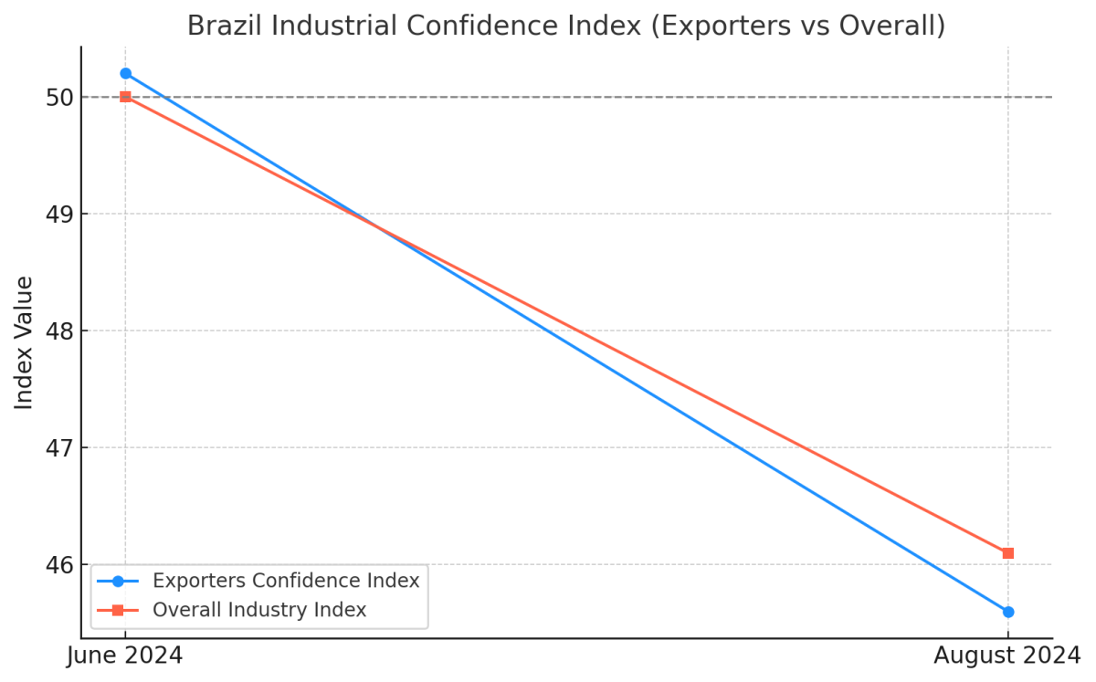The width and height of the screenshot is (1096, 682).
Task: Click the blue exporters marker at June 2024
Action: [x=125, y=73]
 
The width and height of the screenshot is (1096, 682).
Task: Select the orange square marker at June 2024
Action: [x=125, y=97]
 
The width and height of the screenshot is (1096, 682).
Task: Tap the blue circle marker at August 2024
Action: [x=1007, y=612]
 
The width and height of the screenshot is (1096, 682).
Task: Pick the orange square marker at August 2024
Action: [x=1007, y=553]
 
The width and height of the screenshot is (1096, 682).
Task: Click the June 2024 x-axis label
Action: [x=125, y=656]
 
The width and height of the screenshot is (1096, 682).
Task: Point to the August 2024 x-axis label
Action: [x=1006, y=656]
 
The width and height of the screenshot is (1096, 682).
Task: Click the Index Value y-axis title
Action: [x=25, y=342]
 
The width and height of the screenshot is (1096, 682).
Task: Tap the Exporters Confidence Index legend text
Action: [x=286, y=581]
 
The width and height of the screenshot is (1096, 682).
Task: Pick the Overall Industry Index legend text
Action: [x=259, y=610]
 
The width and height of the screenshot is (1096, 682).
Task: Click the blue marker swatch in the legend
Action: [x=117, y=581]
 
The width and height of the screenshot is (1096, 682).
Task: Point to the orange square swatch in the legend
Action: [x=117, y=610]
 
